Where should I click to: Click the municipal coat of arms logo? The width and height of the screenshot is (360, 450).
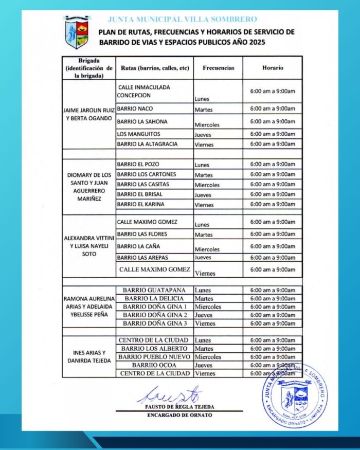[x=77, y=32]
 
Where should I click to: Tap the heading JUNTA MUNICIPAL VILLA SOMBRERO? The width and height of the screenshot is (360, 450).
[x=182, y=20]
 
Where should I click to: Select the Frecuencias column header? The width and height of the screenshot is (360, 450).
[x=218, y=68]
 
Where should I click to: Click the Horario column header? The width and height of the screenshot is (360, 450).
[x=273, y=68]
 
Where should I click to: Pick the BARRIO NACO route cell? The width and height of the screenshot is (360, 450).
[x=135, y=109]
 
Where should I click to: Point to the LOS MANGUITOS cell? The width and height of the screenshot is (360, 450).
[x=136, y=134]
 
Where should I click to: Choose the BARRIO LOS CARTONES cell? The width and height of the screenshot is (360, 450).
[x=146, y=174]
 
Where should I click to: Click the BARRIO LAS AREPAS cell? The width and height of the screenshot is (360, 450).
[x=142, y=257]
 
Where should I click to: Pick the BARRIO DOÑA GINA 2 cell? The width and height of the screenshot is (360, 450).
[x=155, y=315]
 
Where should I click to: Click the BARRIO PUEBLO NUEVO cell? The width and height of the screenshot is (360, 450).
[x=154, y=357]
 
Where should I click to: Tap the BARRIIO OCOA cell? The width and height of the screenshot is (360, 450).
[x=154, y=365]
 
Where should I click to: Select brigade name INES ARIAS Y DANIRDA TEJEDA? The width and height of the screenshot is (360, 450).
[x=89, y=357]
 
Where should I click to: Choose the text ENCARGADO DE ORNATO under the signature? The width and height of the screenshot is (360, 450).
[x=179, y=415]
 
